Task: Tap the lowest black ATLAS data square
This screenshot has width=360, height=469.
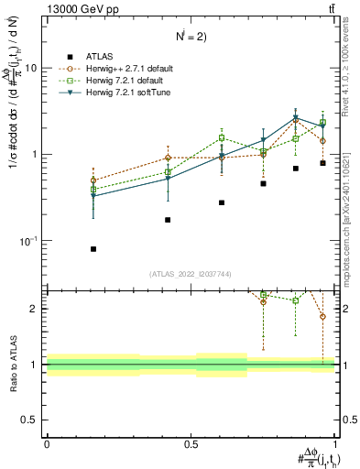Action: point(93,249)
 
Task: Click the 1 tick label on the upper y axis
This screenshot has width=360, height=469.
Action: point(36,154)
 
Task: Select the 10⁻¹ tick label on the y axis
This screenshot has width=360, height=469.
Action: point(30,240)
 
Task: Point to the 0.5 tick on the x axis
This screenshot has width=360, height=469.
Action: point(192,444)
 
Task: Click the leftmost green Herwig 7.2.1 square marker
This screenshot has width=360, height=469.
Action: point(93,190)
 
